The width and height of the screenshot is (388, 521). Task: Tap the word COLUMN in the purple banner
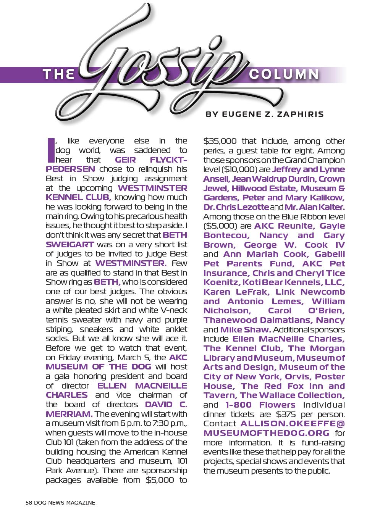tap(283, 74)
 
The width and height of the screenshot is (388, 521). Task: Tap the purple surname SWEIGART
tap(70, 244)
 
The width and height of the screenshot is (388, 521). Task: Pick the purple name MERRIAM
tap(69, 414)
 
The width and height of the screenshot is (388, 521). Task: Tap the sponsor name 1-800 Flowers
tap(260, 405)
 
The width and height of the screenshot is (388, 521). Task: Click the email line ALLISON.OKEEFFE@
tap(293, 424)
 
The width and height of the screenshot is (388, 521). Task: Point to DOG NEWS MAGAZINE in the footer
tap(65, 503)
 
